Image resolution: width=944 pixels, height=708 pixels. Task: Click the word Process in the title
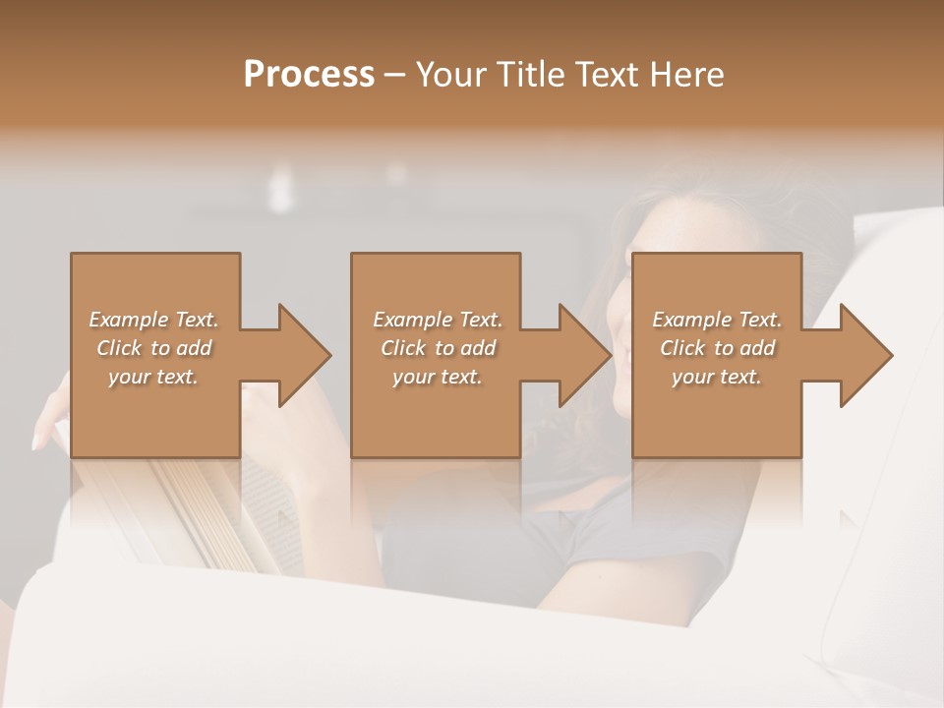click(x=309, y=75)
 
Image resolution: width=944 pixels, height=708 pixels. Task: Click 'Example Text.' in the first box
click(x=154, y=320)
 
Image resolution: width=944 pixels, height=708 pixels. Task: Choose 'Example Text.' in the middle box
click(x=438, y=320)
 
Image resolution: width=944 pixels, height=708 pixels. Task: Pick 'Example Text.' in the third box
click(x=717, y=320)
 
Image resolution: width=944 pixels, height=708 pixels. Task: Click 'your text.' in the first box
click(x=153, y=377)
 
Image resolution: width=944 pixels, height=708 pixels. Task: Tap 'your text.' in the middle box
click(x=438, y=377)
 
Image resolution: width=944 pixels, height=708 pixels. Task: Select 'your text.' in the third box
click(x=717, y=377)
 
